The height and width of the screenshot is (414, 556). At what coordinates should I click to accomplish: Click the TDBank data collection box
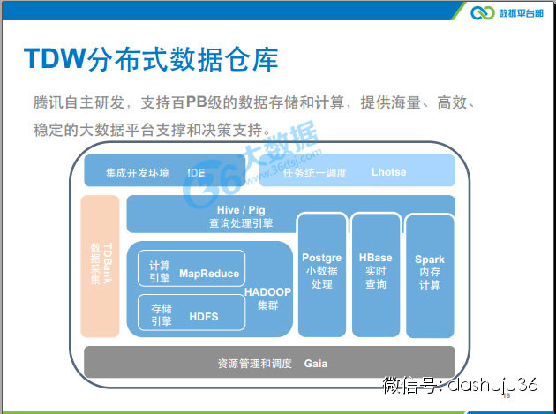99,266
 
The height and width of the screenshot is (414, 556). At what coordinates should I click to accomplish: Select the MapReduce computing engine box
191,268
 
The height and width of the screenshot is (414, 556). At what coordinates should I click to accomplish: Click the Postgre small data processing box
321,274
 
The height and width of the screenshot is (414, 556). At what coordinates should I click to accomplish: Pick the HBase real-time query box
376,274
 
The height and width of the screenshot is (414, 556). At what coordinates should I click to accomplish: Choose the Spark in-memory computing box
430,274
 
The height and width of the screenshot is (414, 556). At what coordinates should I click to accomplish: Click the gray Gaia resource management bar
269,362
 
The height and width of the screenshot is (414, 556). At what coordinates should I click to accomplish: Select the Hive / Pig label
241,210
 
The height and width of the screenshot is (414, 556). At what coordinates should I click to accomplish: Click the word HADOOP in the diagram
267,290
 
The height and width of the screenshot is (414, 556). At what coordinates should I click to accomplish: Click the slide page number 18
506,398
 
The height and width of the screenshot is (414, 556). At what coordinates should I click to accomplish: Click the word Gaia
316,363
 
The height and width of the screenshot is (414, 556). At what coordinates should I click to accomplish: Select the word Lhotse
388,172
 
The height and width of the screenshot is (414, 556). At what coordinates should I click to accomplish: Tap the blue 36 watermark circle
206,180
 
